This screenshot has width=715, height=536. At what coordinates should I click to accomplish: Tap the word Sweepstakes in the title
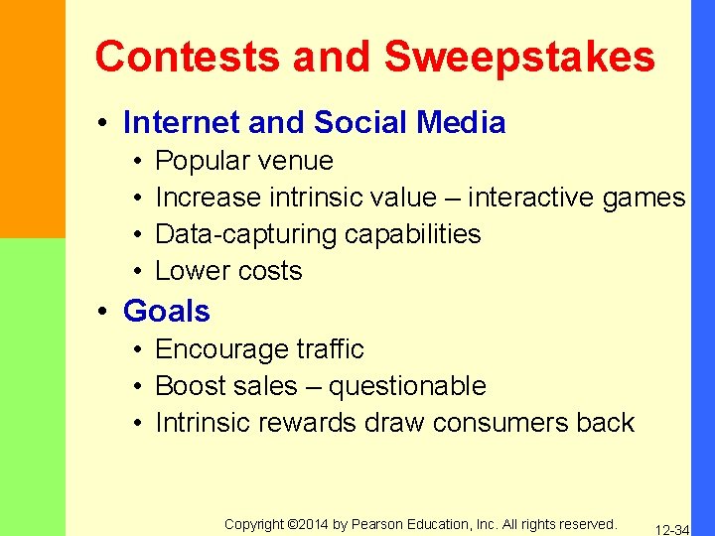point(519,57)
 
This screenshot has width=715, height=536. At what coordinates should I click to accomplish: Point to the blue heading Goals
point(167,312)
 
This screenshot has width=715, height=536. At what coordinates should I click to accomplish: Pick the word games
point(643,198)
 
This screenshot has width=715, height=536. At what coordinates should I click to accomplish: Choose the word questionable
point(407,386)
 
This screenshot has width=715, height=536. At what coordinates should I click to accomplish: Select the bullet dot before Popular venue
point(135,162)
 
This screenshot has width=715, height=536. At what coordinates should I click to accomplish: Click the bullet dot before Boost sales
point(135,387)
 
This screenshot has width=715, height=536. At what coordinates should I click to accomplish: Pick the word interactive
point(531,198)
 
